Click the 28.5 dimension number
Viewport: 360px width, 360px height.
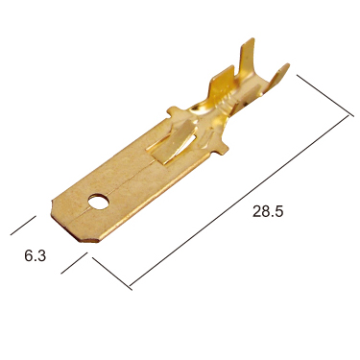point(268,211)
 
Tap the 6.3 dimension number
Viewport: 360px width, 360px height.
point(36,255)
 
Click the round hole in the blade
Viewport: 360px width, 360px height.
point(99,202)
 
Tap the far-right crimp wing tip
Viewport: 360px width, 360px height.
point(285,66)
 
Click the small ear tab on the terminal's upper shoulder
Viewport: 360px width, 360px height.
point(175,111)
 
